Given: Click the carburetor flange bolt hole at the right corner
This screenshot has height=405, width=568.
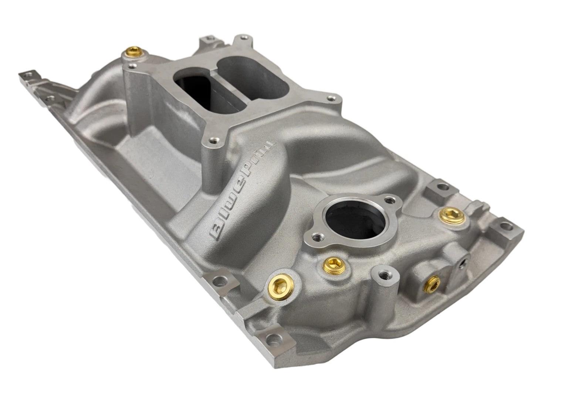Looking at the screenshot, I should click(x=330, y=99).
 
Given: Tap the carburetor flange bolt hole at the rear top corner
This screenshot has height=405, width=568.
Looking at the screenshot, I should click(x=244, y=37).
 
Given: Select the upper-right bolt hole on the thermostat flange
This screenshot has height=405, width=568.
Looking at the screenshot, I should click(x=388, y=200).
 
